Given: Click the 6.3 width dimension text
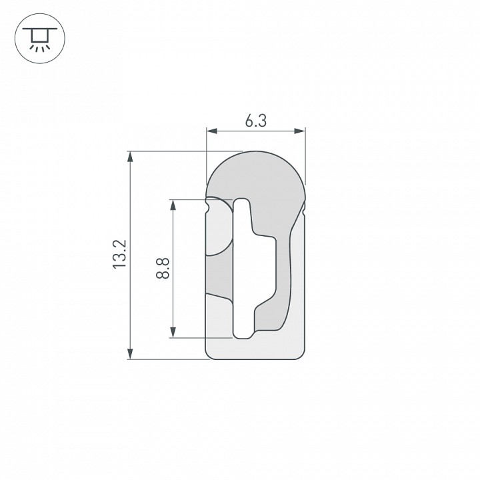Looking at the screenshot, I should tap(255, 121).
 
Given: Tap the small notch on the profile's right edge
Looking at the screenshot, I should tap(303, 211).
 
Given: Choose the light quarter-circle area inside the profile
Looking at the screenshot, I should tap(217, 233).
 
